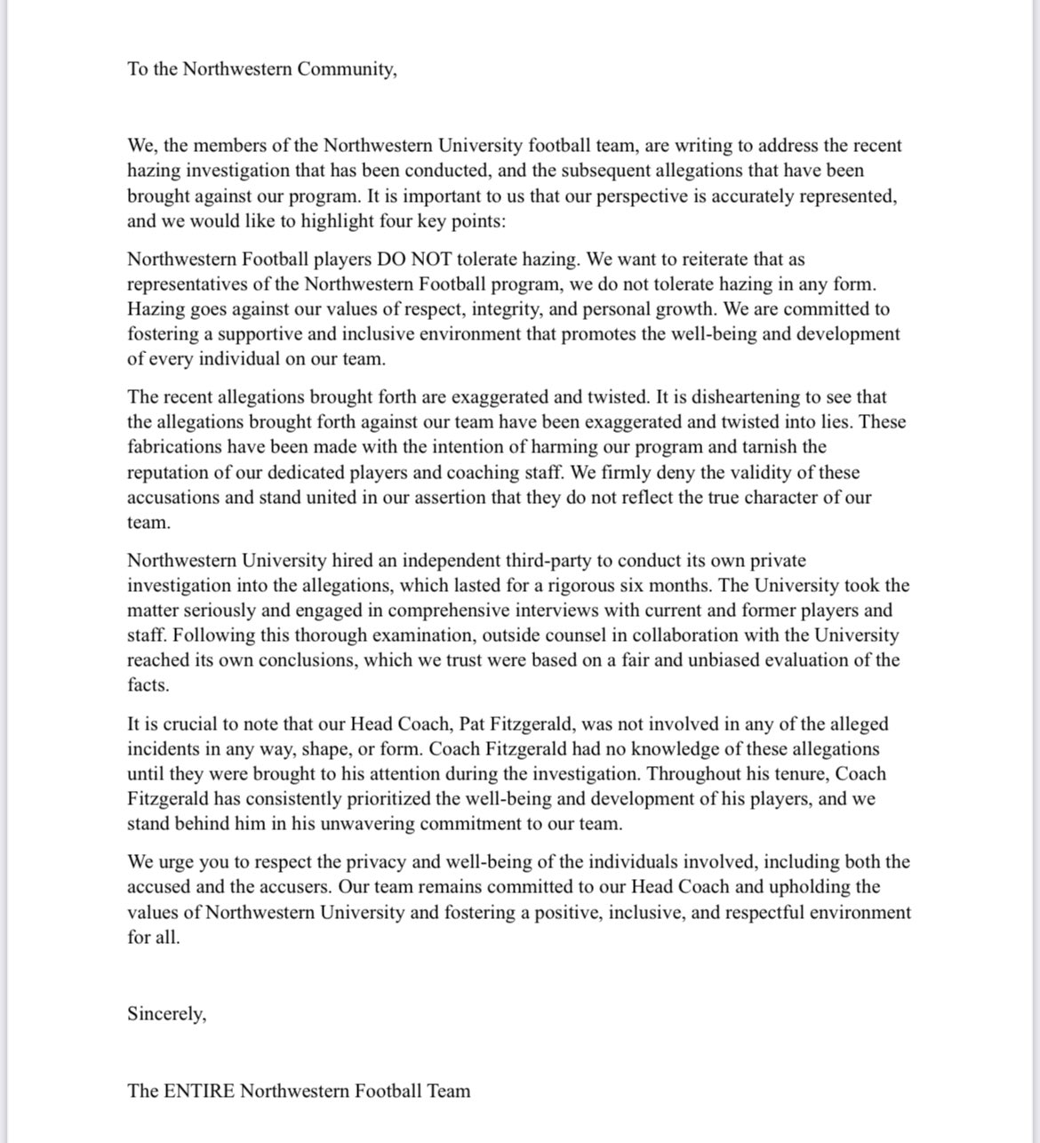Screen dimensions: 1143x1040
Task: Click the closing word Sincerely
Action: point(166,1014)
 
